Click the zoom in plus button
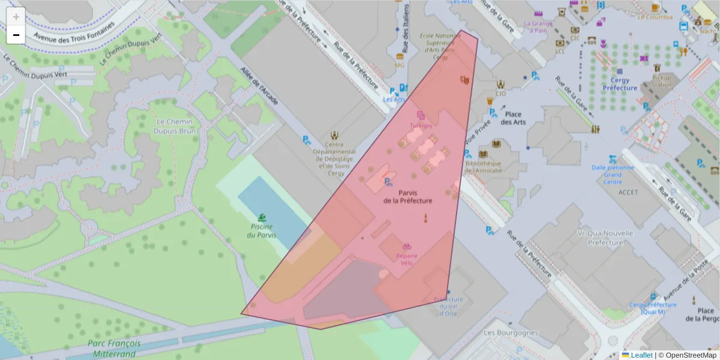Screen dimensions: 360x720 point(16,17)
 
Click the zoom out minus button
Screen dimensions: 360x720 point(16,35)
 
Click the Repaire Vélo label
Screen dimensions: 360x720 point(406,259)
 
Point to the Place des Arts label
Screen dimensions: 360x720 point(513,118)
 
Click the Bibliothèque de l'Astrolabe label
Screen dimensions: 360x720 point(483,167)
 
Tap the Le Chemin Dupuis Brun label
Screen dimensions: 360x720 point(175,126)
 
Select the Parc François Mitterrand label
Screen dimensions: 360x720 point(114,349)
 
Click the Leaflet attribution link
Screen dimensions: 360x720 point(641,355)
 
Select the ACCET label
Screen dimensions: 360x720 point(628,192)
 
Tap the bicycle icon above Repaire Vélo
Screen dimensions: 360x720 point(406,246)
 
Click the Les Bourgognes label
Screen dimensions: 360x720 point(511,332)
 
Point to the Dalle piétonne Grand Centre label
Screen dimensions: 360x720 point(612,175)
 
